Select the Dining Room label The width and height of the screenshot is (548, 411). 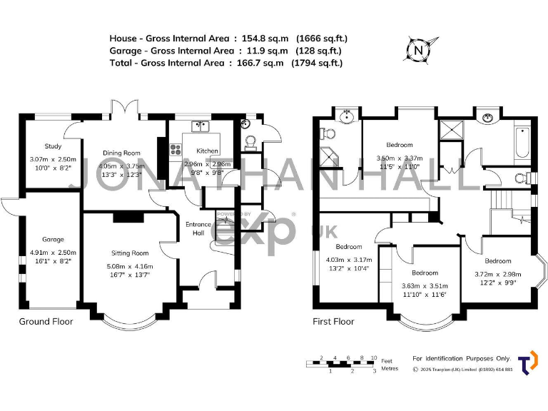(121, 153)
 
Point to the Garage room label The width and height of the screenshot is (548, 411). (52, 240)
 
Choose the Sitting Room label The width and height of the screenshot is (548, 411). (129, 253)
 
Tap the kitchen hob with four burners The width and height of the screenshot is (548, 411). (176, 151)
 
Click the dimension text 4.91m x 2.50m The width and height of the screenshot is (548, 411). (52, 253)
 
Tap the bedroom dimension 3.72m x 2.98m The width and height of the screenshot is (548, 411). (497, 274)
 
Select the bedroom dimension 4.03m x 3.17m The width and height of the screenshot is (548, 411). (349, 260)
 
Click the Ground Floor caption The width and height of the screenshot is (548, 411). (46, 322)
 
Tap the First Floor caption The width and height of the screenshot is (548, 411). (333, 322)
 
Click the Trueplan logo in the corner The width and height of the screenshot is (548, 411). (528, 362)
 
